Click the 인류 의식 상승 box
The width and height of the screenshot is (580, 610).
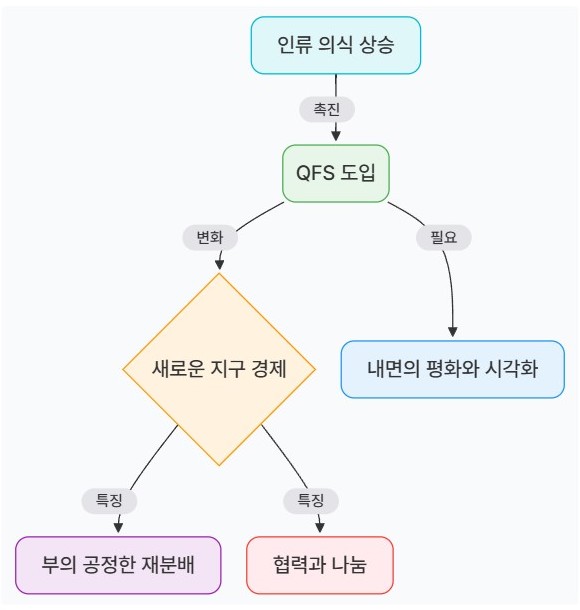coord(335,45)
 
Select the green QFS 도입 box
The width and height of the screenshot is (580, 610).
coord(336,174)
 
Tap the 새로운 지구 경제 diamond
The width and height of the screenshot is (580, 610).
coord(219,369)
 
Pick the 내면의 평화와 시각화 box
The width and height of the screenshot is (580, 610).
coord(452,369)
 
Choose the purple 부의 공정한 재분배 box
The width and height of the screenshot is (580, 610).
coord(118,565)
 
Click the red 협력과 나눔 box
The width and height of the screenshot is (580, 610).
coord(320,565)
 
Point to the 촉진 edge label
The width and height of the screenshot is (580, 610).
coord(327,109)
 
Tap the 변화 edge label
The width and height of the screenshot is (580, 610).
coord(210,237)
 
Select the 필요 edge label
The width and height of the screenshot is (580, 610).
coord(443,237)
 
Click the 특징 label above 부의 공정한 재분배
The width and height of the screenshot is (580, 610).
coord(109,500)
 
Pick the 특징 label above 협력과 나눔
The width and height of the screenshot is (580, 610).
coord(311,500)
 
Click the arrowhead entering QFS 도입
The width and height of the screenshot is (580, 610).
coord(336,136)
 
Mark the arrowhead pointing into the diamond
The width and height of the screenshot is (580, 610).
coord(219,265)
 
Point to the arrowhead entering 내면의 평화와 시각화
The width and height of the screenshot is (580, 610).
coord(452,332)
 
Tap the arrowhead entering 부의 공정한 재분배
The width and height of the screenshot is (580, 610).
coord(118,528)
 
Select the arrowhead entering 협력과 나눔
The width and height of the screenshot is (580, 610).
coord(320,528)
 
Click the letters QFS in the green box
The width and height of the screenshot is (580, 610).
coord(315,173)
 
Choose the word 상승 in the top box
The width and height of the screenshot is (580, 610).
coord(376,45)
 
